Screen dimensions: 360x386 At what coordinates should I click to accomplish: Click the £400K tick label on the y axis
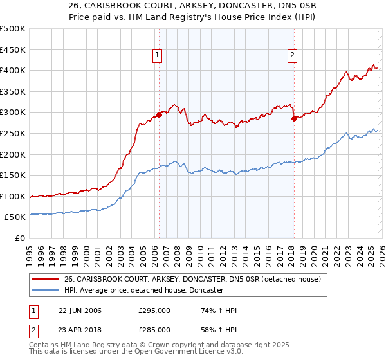point(13,71)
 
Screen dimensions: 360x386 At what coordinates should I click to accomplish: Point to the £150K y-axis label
point(13,175)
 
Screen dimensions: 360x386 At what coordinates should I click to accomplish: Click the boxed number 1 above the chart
point(158,56)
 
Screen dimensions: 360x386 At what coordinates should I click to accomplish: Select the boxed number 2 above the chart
point(292,56)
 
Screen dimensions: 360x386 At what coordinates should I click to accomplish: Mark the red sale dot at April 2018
point(293,119)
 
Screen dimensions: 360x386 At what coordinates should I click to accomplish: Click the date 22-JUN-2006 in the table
point(80,310)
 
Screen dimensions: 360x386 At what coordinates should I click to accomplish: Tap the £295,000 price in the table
point(154,310)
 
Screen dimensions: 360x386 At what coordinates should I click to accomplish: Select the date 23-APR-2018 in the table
point(80,329)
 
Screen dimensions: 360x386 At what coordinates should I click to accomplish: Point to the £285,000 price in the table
point(154,329)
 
